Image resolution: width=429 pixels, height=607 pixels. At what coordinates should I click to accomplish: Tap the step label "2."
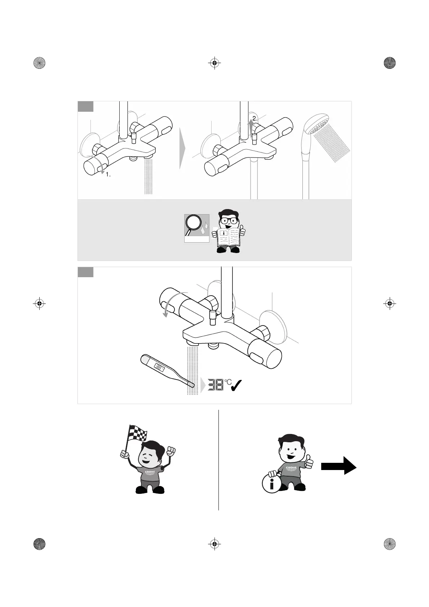pyautogui.click(x=255, y=118)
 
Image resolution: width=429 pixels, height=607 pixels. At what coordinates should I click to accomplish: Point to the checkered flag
pyautogui.click(x=137, y=433)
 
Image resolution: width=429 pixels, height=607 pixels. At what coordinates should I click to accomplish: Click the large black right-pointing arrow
pyautogui.click(x=339, y=466)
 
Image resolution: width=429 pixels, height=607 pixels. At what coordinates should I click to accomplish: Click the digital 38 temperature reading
pyautogui.click(x=215, y=385)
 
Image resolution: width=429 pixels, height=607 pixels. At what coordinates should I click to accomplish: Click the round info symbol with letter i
pyautogui.click(x=271, y=483)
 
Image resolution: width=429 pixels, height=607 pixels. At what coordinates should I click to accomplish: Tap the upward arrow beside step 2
pyautogui.click(x=251, y=127)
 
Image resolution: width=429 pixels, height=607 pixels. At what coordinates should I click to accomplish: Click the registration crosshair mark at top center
pyautogui.click(x=214, y=63)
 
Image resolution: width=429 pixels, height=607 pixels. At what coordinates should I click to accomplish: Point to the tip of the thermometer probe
pyautogui.click(x=192, y=385)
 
